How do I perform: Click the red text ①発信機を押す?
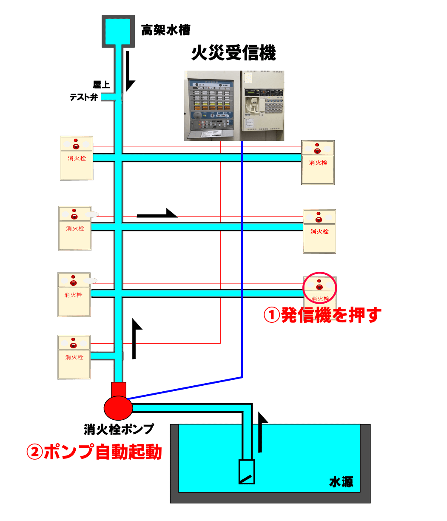click(x=322, y=315)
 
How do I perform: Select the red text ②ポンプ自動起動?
click(x=94, y=452)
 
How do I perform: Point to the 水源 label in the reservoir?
click(x=341, y=482)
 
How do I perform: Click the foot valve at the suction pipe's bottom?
click(x=247, y=472)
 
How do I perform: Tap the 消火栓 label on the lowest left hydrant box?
click(x=74, y=357)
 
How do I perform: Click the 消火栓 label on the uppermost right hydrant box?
click(x=318, y=162)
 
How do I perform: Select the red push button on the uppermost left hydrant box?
click(x=76, y=147)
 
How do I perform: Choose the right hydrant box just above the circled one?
click(x=319, y=231)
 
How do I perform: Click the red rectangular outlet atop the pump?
click(x=119, y=389)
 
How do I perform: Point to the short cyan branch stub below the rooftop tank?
click(x=108, y=97)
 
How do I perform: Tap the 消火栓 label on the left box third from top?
click(x=73, y=295)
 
